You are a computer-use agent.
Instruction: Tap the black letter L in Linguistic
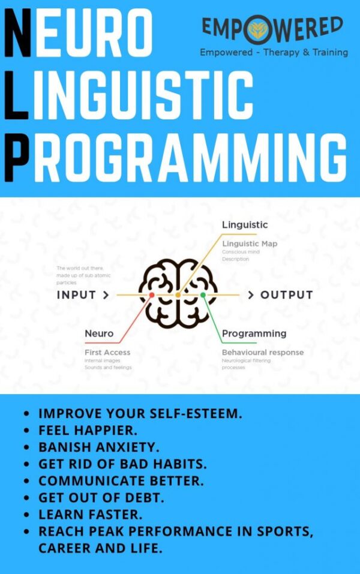(16, 96)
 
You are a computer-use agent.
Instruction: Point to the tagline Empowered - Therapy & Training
(274, 52)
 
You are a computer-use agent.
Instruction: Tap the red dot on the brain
(152, 295)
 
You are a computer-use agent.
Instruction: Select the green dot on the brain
(203, 295)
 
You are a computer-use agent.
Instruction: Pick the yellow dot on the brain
(178, 295)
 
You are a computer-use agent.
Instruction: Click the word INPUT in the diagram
(76, 295)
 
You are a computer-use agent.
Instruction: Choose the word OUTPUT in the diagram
(286, 295)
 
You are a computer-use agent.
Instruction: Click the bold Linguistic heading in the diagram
(245, 225)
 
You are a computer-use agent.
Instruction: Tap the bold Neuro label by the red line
(99, 333)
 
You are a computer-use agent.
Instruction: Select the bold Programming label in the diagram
(254, 333)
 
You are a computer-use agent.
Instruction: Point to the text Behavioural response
(263, 352)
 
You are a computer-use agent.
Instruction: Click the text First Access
(107, 352)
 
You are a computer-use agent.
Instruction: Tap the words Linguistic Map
(250, 244)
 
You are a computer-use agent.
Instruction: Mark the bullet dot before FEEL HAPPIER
(27, 431)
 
